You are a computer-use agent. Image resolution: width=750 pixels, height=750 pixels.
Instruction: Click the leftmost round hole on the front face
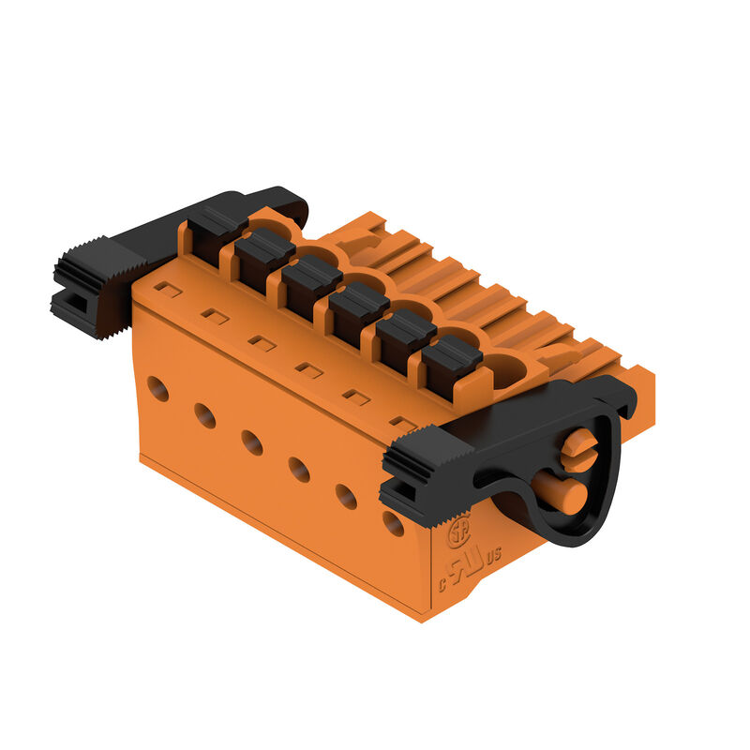(157, 387)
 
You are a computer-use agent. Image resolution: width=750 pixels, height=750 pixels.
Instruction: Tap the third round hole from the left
(252, 442)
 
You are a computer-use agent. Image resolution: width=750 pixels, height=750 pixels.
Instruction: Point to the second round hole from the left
(204, 414)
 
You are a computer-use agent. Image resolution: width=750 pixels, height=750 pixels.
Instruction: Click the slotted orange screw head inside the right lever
(579, 448)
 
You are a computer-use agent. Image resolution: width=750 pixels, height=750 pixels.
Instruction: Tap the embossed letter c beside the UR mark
(442, 583)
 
